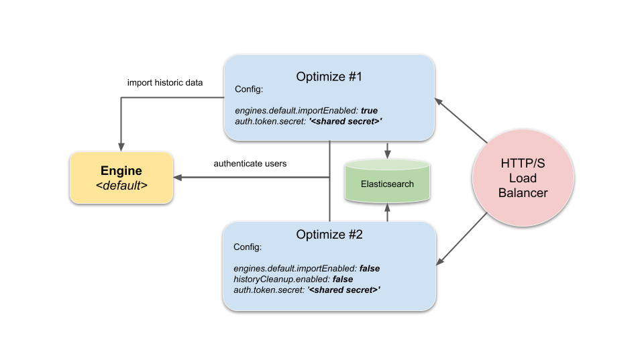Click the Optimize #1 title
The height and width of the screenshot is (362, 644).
click(329, 76)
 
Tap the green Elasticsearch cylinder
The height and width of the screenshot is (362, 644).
click(388, 182)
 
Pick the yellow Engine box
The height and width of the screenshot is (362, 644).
click(121, 178)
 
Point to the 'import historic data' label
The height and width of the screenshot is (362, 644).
click(165, 82)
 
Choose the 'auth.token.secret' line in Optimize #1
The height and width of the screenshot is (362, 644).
click(270, 121)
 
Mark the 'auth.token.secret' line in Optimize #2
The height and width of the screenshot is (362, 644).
click(270, 290)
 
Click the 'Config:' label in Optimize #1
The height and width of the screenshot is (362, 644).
click(248, 89)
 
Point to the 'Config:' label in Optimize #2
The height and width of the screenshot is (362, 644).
click(247, 247)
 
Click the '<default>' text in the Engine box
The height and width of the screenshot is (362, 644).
click(121, 186)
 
